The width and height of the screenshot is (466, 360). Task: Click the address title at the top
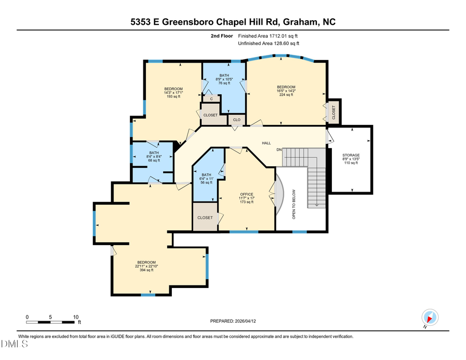[233, 22]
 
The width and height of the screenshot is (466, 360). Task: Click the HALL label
[266, 143]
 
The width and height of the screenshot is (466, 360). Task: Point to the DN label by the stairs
[279, 150]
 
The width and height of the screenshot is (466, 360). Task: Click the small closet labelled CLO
[237, 120]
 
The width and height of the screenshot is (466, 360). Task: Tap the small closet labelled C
[211, 98]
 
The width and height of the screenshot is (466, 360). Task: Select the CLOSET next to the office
[205, 218]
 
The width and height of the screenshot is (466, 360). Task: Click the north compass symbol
[430, 316]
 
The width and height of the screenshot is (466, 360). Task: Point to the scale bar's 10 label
[76, 316]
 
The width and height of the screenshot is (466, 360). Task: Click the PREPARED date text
[233, 321]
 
